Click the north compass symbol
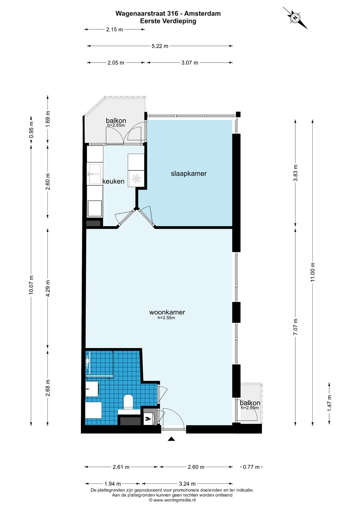click(295, 18)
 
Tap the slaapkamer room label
click(189, 174)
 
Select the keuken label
click(113, 181)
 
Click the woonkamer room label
click(167, 312)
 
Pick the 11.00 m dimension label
click(313, 272)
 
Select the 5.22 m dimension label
click(160, 46)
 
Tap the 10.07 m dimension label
click(31, 285)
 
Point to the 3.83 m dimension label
click(295, 173)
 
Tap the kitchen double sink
click(95, 174)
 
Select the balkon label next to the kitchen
click(116, 121)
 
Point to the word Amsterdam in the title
click(202, 13)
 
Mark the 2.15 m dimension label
click(114, 30)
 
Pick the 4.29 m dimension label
click(48, 288)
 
